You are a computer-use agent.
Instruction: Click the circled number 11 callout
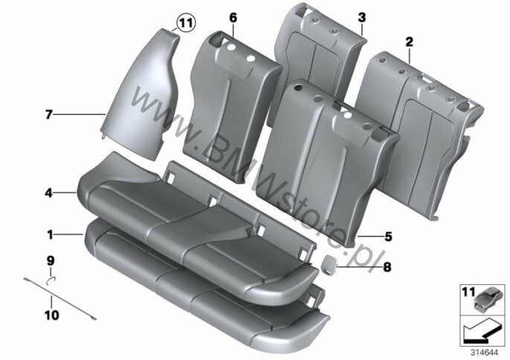coord(187,23)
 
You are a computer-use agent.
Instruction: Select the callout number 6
coord(233,18)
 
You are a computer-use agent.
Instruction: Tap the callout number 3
coord(361,18)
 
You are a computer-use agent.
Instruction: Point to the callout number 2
coord(409,42)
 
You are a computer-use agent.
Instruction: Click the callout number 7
coord(48,115)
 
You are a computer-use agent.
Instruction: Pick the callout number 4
coord(48,193)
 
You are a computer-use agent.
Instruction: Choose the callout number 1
coord(50,234)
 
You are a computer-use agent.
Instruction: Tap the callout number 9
coord(51,261)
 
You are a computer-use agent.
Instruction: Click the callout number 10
coord(52,315)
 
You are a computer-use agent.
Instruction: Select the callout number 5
coord(388,237)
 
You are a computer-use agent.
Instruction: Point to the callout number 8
coord(387,267)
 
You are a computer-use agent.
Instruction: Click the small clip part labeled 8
coord(329,263)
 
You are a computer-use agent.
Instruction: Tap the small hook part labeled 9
coord(51,280)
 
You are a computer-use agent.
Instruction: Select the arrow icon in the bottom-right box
coord(481,332)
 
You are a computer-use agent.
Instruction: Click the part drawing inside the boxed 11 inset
coord(487,298)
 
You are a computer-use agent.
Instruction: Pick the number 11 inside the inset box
coord(468,292)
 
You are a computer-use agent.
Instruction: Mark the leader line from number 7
coord(79,115)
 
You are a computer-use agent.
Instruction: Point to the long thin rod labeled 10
coord(59,299)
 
